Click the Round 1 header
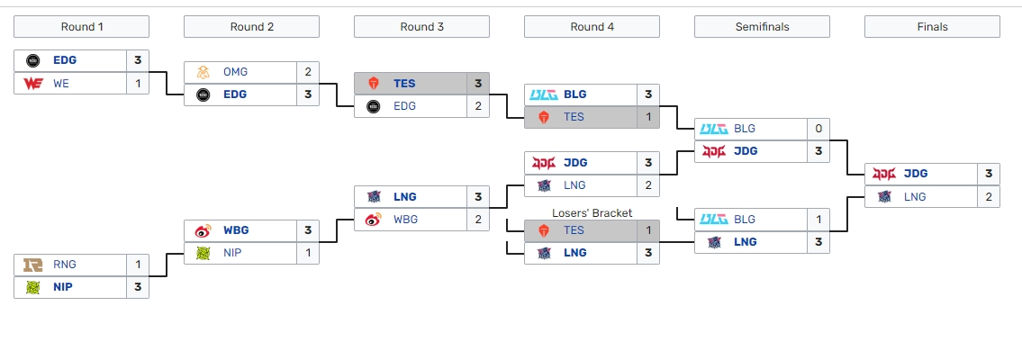[x=82, y=27]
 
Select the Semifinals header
[x=762, y=27]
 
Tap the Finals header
[x=932, y=27]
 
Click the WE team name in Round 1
[x=61, y=84]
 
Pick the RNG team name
[x=65, y=265]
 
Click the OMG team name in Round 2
[x=235, y=72]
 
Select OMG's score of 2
[x=308, y=72]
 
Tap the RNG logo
[x=33, y=265]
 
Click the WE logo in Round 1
[x=33, y=84]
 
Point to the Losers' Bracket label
[x=592, y=212]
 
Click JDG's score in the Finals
[x=989, y=174]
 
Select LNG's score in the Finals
[x=989, y=196]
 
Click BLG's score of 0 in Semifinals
[x=819, y=129]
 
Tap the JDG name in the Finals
[x=915, y=174]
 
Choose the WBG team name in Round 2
[x=237, y=230]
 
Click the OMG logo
[x=203, y=72]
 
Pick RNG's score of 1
[x=138, y=265]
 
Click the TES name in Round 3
[x=404, y=84]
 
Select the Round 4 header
[x=592, y=27]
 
